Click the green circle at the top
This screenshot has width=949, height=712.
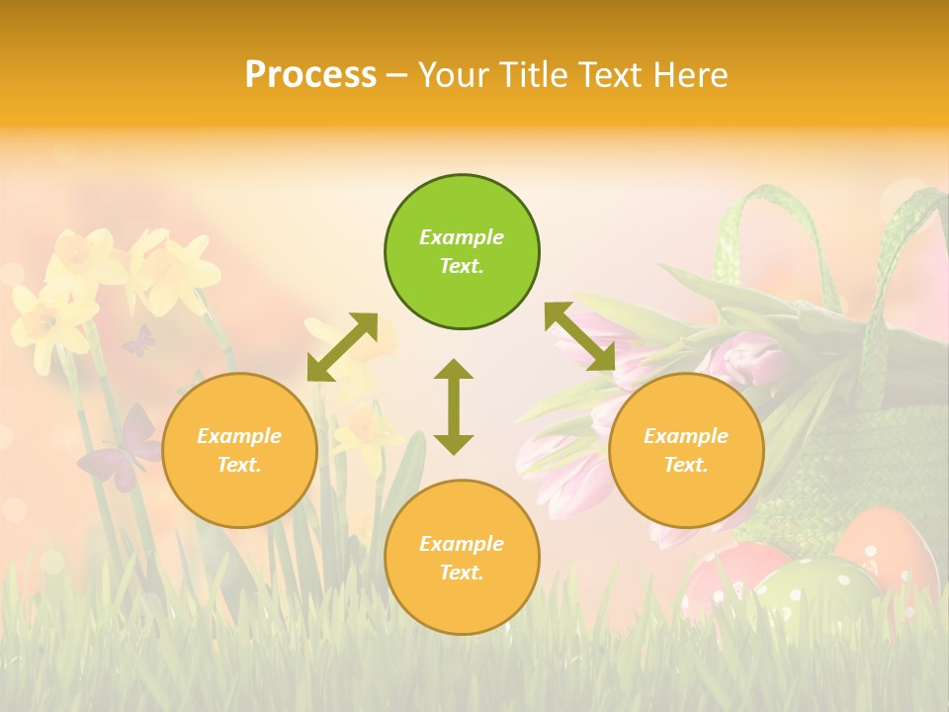tap(462, 251)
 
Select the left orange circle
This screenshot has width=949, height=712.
tap(239, 450)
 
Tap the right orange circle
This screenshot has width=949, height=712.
tap(686, 450)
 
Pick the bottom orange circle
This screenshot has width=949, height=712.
tap(462, 557)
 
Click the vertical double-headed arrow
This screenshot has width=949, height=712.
tap(454, 406)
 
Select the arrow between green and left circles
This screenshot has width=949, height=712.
tap(342, 346)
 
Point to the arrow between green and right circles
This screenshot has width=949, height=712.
tap(579, 337)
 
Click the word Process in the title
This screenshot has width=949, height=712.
tap(310, 74)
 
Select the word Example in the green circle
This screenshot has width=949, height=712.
tap(462, 237)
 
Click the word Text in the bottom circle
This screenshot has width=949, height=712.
tap(462, 573)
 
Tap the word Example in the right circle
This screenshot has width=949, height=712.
tap(686, 436)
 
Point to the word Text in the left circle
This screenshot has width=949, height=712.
tap(239, 465)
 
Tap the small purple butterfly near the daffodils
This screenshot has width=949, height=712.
tap(138, 342)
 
